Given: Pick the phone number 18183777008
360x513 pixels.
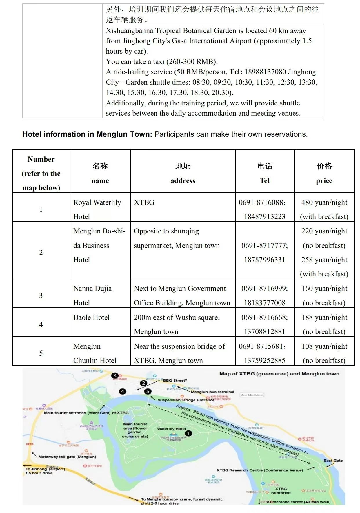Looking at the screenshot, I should pos(264,303).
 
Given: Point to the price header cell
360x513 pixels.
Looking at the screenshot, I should pos(324,173).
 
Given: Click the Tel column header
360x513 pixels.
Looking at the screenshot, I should pos(265,173).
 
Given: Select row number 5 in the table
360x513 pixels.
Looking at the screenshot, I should pos(41,353).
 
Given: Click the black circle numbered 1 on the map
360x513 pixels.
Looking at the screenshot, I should pos(188,433).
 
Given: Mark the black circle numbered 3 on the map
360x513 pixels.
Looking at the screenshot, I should pos(115,376).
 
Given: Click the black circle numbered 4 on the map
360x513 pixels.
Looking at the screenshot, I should pos(122,391).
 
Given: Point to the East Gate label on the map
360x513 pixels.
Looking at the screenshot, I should pos(333,460).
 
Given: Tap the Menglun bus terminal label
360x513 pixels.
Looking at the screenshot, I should pos(212,392).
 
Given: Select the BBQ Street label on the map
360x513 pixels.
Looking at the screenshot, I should pos(174,380).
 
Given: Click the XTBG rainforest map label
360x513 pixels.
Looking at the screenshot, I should pos(281,490).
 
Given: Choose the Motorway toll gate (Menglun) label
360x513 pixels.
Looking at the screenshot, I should pos(67,457).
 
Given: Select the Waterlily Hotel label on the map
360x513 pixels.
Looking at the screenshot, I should pos(171,429).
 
